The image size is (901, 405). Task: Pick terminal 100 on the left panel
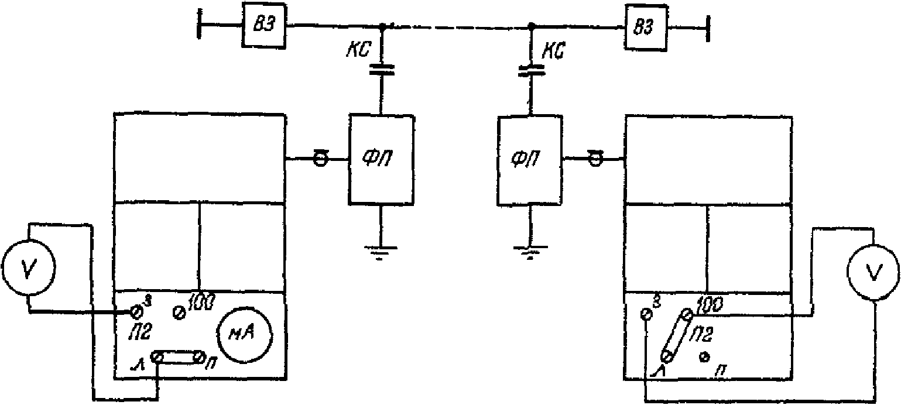[179, 313]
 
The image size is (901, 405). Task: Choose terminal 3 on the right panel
[646, 314]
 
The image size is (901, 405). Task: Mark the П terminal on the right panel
[704, 357]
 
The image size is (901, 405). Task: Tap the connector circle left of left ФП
[321, 160]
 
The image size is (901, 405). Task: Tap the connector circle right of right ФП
[595, 160]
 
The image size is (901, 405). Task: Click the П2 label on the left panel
[138, 331]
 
